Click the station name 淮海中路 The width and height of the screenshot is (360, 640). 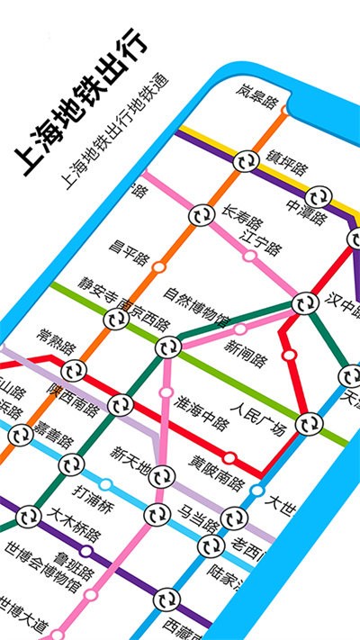tap(202, 409)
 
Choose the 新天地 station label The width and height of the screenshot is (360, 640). tap(135, 456)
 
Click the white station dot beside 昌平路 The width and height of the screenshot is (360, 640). tap(158, 266)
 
